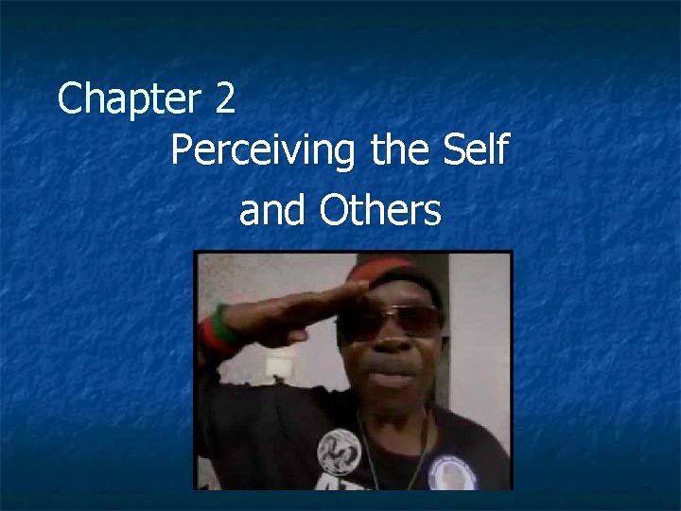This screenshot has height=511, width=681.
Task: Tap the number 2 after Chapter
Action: [224, 99]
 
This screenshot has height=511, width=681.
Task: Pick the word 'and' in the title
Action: [273, 211]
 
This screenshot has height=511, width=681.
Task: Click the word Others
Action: [380, 211]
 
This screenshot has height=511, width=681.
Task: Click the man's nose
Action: [388, 345]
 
